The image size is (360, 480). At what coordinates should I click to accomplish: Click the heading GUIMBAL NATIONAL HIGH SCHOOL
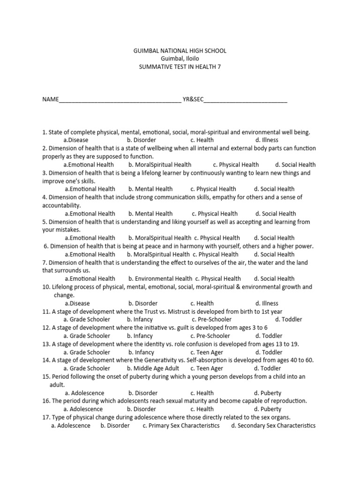[180, 51]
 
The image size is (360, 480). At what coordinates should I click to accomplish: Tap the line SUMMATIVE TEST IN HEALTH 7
[180, 67]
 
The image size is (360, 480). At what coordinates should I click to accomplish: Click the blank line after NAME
[120, 100]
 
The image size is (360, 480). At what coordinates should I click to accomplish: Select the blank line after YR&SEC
[246, 100]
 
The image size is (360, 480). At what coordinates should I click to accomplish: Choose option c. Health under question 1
[202, 140]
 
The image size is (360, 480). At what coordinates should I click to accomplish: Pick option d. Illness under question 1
[267, 140]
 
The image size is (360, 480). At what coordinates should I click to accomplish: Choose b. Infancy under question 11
[141, 320]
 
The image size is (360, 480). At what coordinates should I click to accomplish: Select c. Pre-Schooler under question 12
[210, 336]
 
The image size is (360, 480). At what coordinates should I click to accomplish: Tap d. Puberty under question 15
[268, 393]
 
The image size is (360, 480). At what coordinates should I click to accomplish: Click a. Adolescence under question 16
[83, 409]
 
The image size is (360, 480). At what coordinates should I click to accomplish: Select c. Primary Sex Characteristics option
[181, 426]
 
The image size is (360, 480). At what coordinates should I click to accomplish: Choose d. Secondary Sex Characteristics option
[273, 426]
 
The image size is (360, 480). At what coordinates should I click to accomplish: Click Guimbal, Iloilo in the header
[180, 59]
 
